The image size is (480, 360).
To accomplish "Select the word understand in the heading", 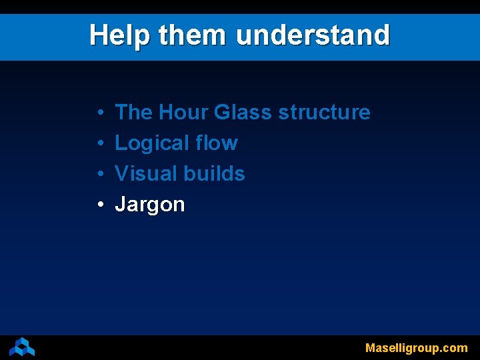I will pos(313,35).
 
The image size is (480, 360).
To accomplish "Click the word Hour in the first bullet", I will pos(183,112).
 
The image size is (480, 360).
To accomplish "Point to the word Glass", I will pos(243,112).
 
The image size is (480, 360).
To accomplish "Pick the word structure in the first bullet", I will pos(324,113).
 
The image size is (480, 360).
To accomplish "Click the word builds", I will pos(214,173).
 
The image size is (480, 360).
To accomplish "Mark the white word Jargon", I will pos(150,205).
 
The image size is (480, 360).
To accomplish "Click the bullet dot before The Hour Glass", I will pos(99,113).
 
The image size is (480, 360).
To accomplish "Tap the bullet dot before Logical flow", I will pos(99,143).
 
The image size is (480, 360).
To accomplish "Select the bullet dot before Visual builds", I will pos(99,174).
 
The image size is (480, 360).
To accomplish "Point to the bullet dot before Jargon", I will pos(99,205).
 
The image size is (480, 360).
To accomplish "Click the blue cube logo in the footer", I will pos(22,347).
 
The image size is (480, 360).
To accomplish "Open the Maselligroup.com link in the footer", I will pos(416,348).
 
